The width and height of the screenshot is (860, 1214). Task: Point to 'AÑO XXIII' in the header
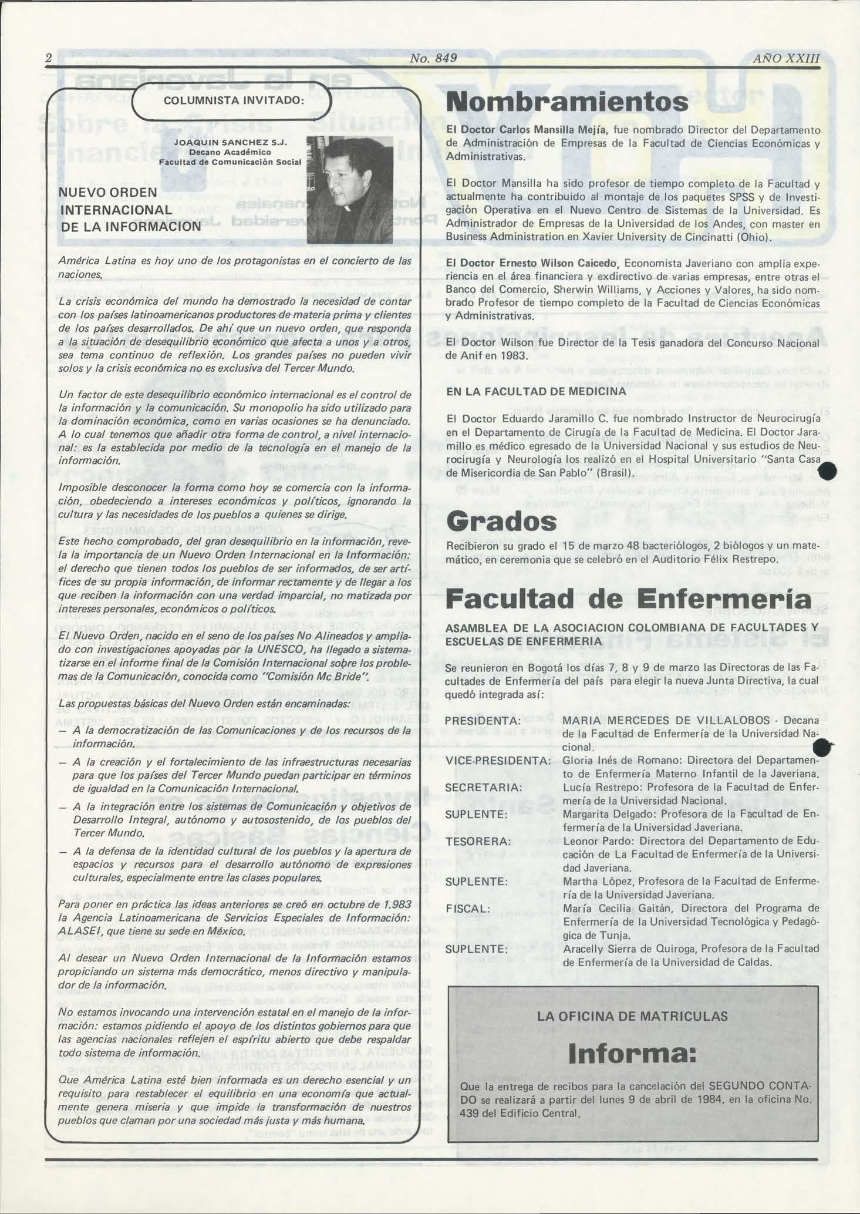click(785, 58)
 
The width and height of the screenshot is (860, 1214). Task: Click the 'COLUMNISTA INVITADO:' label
click(233, 101)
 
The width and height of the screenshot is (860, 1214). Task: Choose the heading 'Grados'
click(501, 521)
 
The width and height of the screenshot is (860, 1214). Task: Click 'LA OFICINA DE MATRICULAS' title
click(632, 1015)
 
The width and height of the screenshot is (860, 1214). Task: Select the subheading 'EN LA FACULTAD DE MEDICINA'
click(536, 391)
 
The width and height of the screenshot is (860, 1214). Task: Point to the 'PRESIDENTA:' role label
click(483, 721)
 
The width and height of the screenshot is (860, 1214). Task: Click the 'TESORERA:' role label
click(478, 842)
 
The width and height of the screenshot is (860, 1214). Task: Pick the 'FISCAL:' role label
click(468, 909)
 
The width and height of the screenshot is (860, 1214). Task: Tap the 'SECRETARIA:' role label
click(483, 787)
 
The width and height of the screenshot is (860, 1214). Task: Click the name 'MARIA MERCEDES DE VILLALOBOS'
click(666, 721)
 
